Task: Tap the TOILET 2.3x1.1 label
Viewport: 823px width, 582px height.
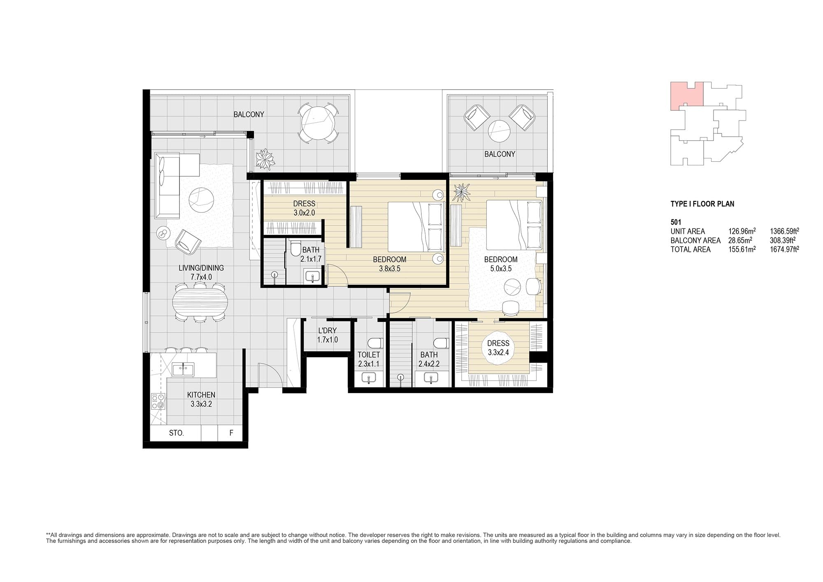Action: [x=368, y=359]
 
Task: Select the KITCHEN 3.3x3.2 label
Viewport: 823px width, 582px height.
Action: [x=201, y=399]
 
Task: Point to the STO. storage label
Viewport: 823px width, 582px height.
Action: [x=176, y=433]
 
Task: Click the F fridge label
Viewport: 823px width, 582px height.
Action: [x=231, y=433]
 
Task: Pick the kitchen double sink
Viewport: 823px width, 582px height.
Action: [x=183, y=369]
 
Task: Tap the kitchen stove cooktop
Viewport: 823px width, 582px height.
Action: [x=158, y=401]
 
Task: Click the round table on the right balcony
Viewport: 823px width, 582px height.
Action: [x=499, y=131]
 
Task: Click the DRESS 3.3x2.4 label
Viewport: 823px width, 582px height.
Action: [x=498, y=348]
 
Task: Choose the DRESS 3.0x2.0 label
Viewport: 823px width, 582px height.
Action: [x=304, y=208]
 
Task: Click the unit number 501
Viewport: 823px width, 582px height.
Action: [x=676, y=222]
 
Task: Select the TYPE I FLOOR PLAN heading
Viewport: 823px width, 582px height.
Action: [x=702, y=204]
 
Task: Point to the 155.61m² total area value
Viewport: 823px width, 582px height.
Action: [x=742, y=249]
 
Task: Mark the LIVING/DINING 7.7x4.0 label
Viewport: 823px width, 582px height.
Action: [x=201, y=272]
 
